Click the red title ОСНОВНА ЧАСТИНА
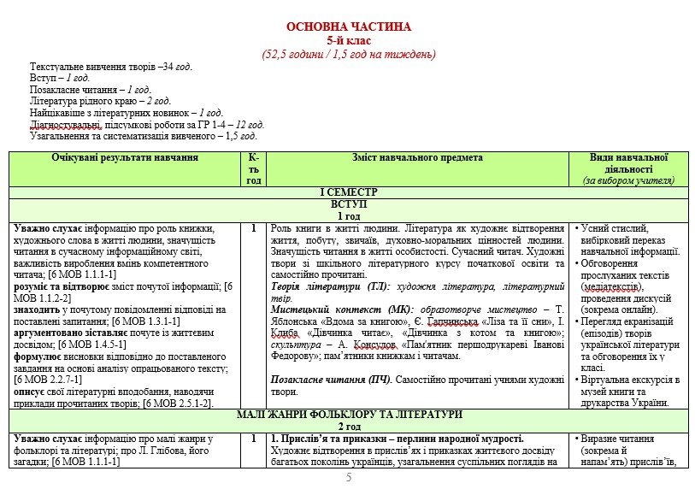point(349,27)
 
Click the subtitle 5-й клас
point(349,40)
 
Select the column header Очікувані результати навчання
point(125,157)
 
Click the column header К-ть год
point(254,168)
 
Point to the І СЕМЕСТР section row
point(349,192)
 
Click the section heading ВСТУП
point(349,205)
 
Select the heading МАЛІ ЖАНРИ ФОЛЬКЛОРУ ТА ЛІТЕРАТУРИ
point(349,414)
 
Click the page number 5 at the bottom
point(349,477)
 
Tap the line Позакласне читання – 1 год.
point(90,89)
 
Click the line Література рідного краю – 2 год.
point(100,101)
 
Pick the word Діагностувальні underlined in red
point(65,124)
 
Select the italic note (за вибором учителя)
point(628,180)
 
